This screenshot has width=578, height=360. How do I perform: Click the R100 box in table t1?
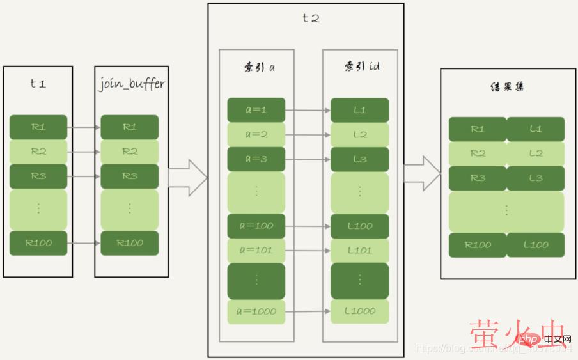point(38,243)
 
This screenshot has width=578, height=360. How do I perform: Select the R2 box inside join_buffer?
point(130,152)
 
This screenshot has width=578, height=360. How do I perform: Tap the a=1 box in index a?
point(256,110)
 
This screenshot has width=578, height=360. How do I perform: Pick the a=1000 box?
point(256,311)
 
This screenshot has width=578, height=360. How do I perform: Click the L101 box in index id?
point(360,250)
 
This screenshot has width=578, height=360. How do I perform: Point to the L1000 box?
point(360,311)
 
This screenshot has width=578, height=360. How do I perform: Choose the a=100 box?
point(256,226)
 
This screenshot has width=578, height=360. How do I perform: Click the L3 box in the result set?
point(536,178)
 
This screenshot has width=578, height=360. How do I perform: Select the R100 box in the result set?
point(478,245)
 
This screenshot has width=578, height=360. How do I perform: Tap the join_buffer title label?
point(132,84)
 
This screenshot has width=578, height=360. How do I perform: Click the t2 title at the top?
point(311,18)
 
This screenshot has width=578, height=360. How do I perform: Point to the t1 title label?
point(38,84)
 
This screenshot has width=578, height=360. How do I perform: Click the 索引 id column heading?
point(361,66)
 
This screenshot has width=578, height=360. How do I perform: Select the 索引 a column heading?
point(256,66)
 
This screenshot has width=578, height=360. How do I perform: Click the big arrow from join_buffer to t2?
point(188,178)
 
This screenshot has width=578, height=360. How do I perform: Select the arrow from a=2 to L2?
point(308,135)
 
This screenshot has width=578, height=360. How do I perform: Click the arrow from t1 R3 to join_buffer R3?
point(84,176)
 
